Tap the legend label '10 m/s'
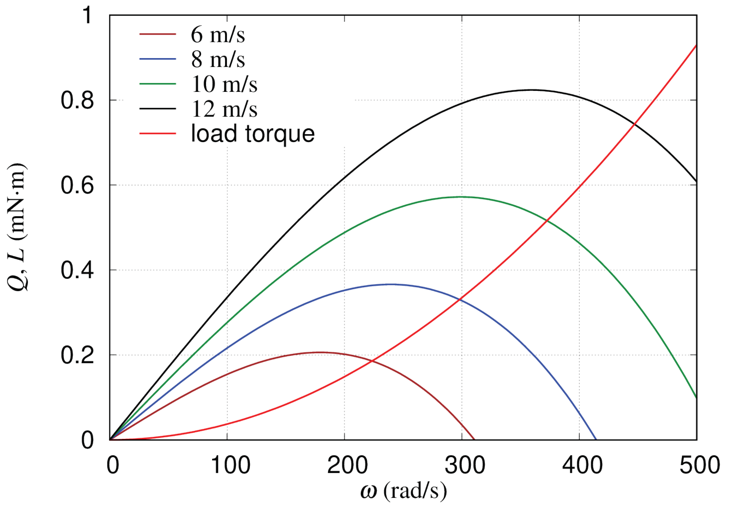pyautogui.click(x=224, y=84)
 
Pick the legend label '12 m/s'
pyautogui.click(x=224, y=109)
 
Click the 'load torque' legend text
pyautogui.click(x=253, y=134)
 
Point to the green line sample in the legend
pyautogui.click(x=158, y=84)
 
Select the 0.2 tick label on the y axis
pyautogui.click(x=77, y=355)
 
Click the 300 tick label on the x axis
pyautogui.click(x=465, y=465)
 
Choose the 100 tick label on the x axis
pyautogui.click(x=230, y=465)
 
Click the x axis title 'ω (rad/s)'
pyautogui.click(x=403, y=492)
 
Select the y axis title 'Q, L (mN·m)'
pyautogui.click(x=17, y=227)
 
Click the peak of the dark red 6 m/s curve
pyautogui.click(x=319, y=352)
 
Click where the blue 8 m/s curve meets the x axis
pyautogui.click(x=596, y=440)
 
